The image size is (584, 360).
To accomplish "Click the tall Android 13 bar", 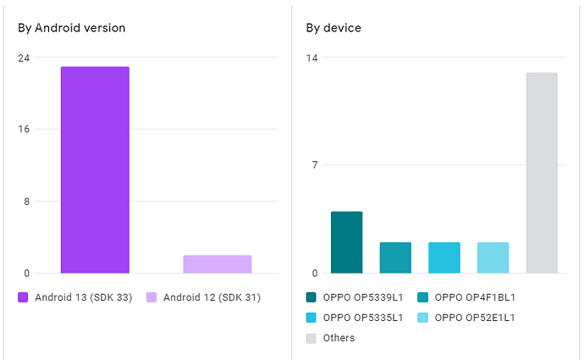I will pyautogui.click(x=95, y=169).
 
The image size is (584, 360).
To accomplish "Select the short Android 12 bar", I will pyautogui.click(x=217, y=264).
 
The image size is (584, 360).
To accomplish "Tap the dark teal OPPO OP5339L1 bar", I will pyautogui.click(x=346, y=242).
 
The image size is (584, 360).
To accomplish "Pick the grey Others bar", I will pyautogui.click(x=542, y=173).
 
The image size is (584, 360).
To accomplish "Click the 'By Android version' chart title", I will pyautogui.click(x=72, y=28).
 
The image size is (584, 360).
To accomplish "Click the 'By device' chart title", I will pyautogui.click(x=333, y=28).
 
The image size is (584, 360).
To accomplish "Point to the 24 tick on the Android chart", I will pyautogui.click(x=24, y=58).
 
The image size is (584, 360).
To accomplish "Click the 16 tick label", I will pyautogui.click(x=24, y=130).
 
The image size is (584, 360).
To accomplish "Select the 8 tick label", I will pyautogui.click(x=26, y=202).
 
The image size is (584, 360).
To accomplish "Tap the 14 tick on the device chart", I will pyautogui.click(x=312, y=58).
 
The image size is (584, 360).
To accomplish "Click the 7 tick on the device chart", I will pyautogui.click(x=314, y=165).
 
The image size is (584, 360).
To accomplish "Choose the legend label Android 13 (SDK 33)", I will pyautogui.click(x=83, y=297).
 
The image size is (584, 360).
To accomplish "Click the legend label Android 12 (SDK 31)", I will pyautogui.click(x=212, y=297).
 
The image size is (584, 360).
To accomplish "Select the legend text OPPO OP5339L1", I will pyautogui.click(x=362, y=297).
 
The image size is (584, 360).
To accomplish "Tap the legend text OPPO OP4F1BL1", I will pyautogui.click(x=475, y=297).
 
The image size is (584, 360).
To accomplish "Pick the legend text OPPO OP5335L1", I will pyautogui.click(x=362, y=318).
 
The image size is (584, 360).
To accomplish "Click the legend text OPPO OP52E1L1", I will pyautogui.click(x=475, y=318).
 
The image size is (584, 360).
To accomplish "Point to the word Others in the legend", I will pyautogui.click(x=339, y=338).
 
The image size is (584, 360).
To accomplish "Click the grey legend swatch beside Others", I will pyautogui.click(x=311, y=338).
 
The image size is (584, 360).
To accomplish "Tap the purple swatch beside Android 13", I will pyautogui.click(x=23, y=297).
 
